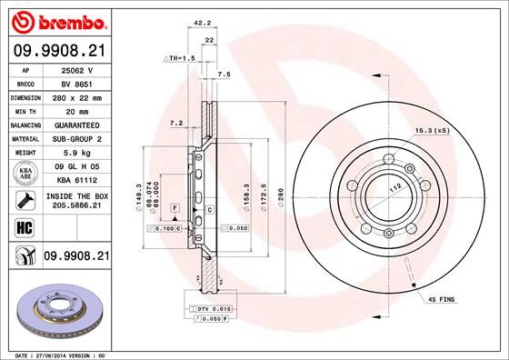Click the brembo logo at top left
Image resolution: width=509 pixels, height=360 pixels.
tap(56, 21)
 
